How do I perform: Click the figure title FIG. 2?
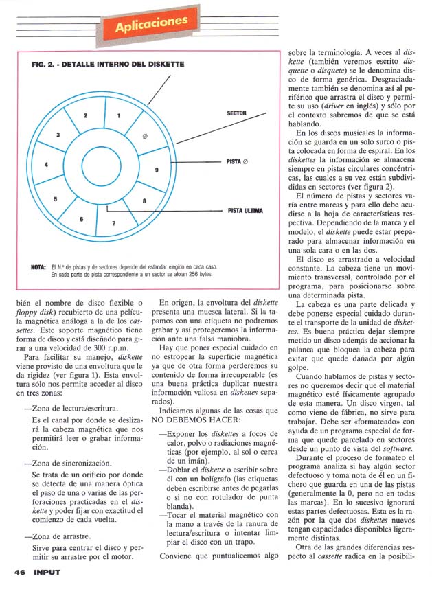(x=109, y=64)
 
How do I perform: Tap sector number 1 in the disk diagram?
(x=120, y=115)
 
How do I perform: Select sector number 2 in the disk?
(x=85, y=116)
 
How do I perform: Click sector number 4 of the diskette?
(x=46, y=165)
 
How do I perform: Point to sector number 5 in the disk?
(x=55, y=198)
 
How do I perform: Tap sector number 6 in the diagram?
(x=81, y=219)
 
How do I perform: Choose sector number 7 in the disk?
(x=114, y=224)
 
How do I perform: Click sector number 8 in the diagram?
(x=144, y=201)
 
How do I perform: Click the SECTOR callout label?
(x=236, y=113)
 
